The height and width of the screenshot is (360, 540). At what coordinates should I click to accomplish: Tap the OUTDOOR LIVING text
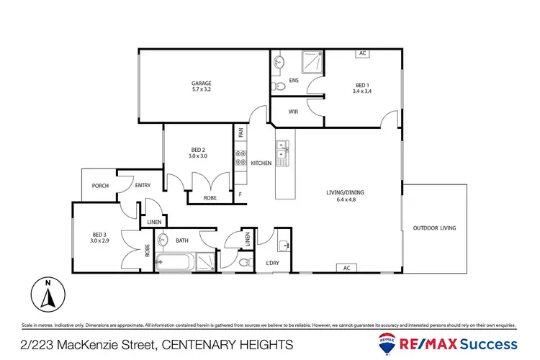(x=434, y=229)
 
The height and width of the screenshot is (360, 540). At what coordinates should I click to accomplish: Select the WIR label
(x=294, y=112)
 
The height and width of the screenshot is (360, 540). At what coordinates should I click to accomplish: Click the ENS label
(x=294, y=81)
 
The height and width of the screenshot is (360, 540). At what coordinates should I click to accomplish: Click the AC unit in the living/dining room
(x=346, y=268)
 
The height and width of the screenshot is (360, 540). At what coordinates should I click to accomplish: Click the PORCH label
(x=100, y=186)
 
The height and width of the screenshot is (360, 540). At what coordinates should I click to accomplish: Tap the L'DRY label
(x=273, y=263)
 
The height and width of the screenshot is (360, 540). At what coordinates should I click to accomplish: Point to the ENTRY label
(x=143, y=186)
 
